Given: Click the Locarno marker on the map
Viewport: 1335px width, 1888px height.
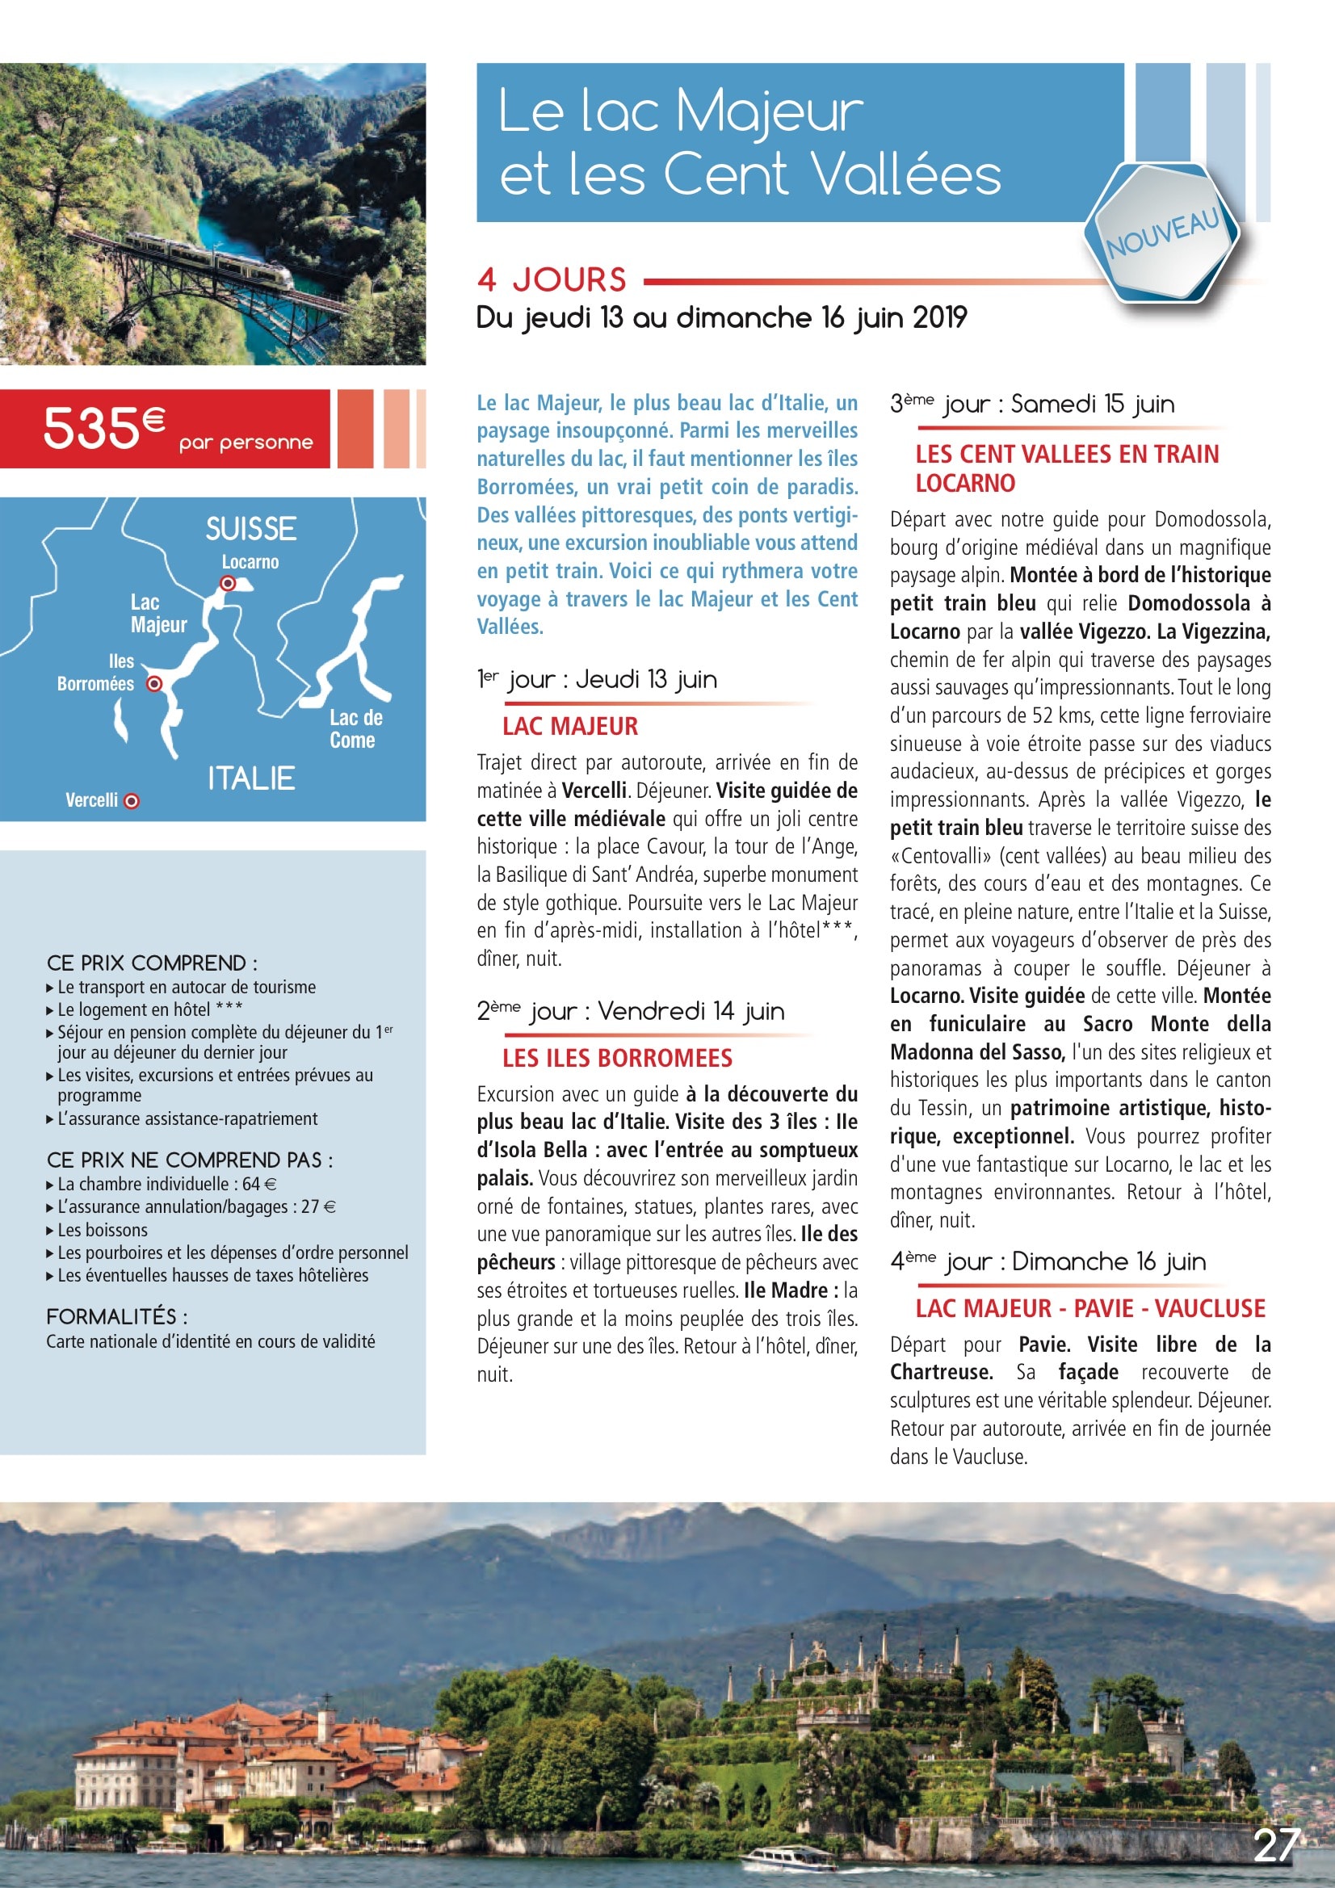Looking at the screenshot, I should [x=228, y=583].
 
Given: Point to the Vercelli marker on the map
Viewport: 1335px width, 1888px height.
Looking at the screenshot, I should [x=131, y=801].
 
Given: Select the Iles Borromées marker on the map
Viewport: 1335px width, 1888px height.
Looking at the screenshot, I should [x=153, y=683].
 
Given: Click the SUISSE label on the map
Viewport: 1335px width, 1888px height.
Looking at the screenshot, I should [x=251, y=529].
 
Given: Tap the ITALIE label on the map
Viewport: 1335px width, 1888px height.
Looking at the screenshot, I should [x=251, y=778].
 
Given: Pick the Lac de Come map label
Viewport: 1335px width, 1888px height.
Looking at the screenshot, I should [x=355, y=728].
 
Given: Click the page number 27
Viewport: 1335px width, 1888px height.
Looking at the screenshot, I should [x=1277, y=1845].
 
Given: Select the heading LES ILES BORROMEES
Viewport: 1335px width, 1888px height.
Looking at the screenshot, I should [x=617, y=1059].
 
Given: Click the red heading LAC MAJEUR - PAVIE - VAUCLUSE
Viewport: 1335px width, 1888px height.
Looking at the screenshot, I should [x=1089, y=1308].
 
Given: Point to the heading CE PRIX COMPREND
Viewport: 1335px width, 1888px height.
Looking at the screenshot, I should [x=151, y=963].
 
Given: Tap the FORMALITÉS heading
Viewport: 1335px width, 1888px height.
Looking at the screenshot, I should [x=116, y=1316].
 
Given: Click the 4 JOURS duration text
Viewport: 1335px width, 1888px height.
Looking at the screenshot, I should [x=551, y=279].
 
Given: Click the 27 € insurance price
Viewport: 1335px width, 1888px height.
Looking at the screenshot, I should [x=318, y=1207].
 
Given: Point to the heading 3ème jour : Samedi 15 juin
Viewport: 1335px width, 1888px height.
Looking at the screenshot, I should [x=1032, y=405].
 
